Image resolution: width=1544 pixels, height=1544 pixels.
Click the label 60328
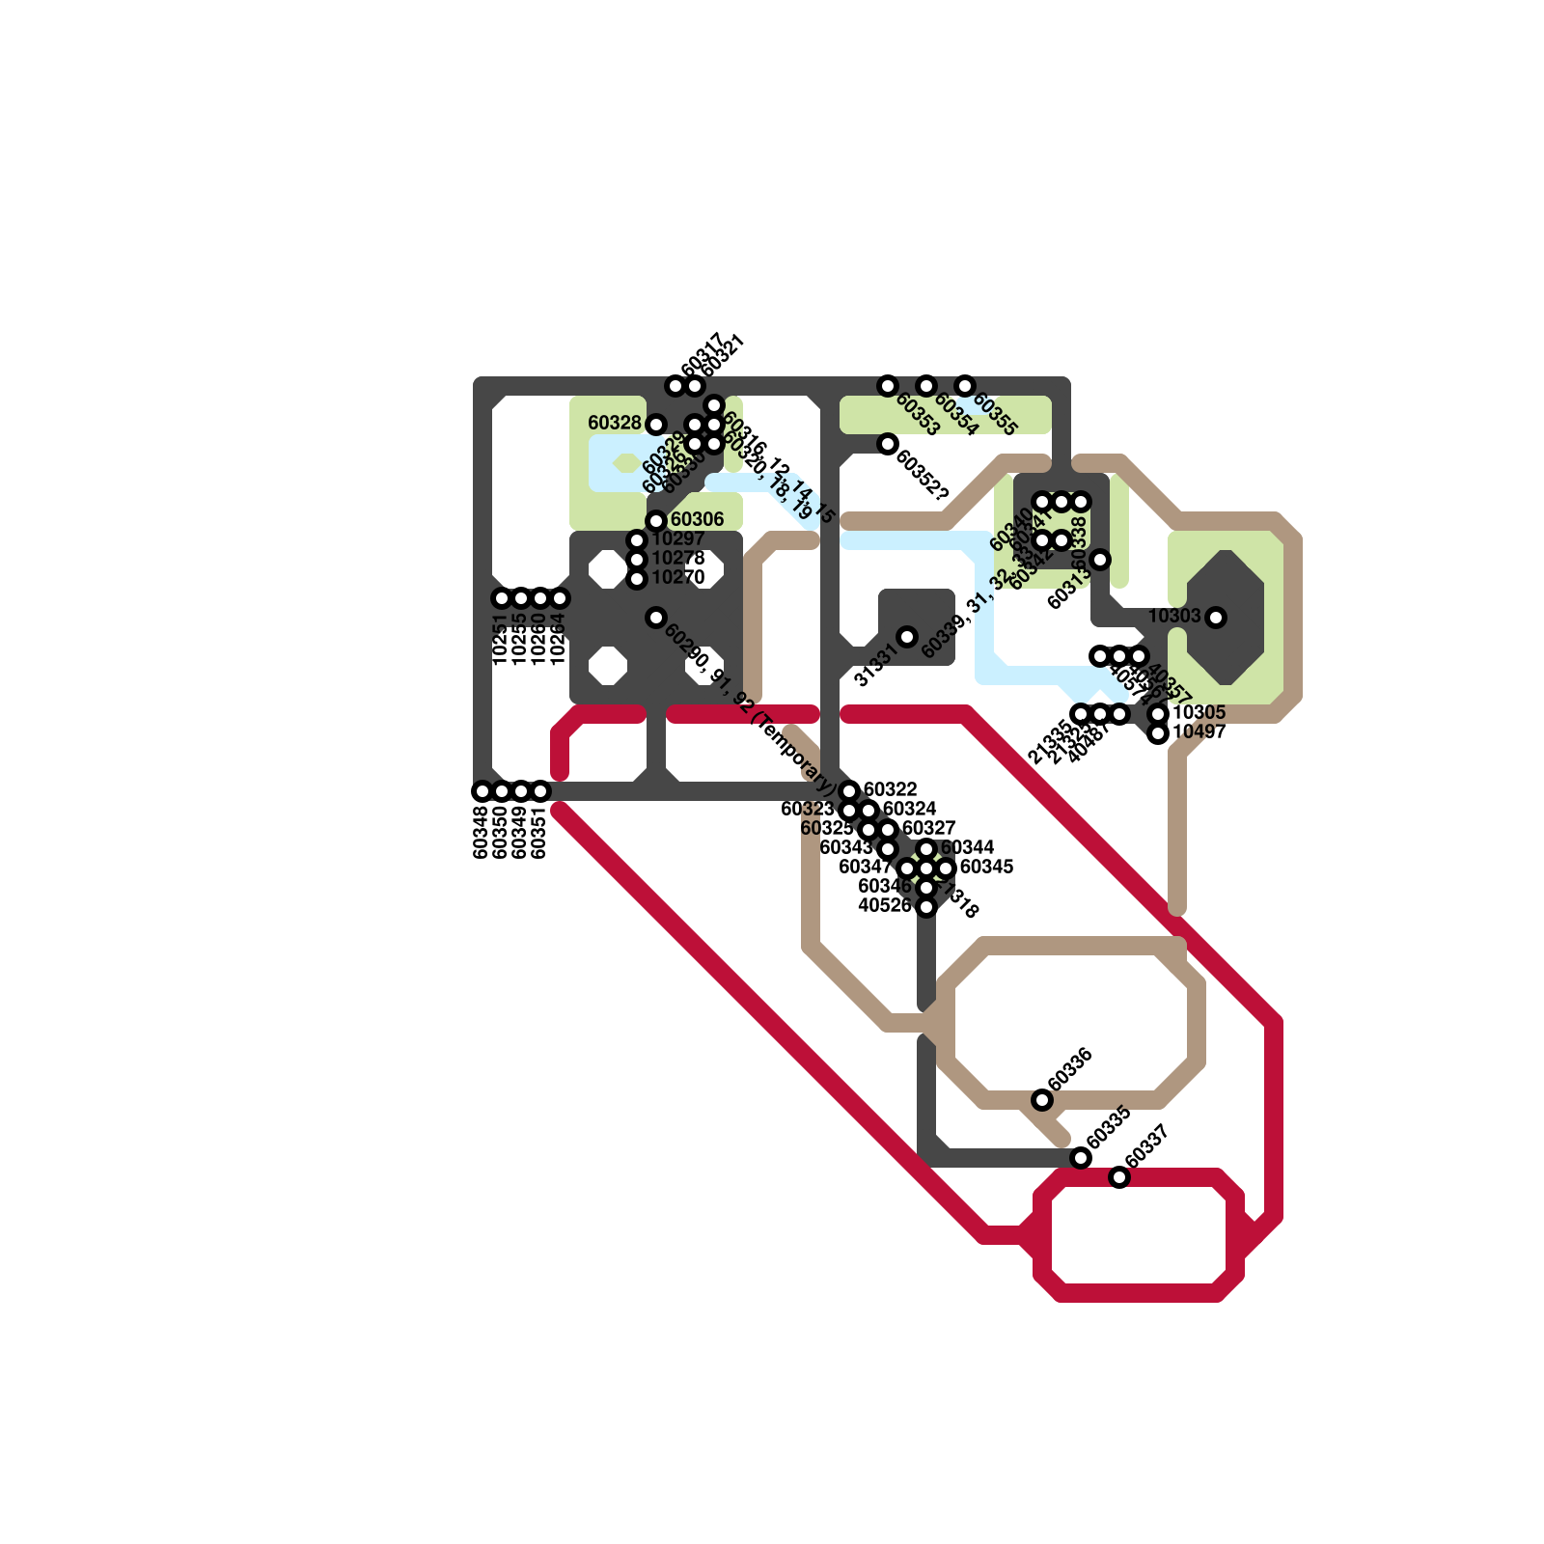click(614, 423)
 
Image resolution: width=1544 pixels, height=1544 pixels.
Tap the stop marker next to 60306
click(656, 521)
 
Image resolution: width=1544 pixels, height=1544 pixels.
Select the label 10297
click(678, 538)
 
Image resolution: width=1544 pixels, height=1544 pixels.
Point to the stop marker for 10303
click(1216, 618)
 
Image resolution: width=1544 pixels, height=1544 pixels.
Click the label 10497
click(1199, 731)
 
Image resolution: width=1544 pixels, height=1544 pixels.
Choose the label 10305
click(1199, 712)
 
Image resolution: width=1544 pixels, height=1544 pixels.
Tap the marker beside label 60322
click(849, 791)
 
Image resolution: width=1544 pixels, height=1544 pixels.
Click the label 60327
click(929, 828)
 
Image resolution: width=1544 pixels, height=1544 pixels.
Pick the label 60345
click(987, 867)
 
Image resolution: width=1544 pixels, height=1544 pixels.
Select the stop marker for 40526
click(926, 907)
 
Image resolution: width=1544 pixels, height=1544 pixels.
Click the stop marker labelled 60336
click(1042, 1100)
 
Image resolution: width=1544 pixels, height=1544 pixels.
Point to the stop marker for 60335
click(1081, 1158)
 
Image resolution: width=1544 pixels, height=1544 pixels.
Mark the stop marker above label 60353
click(888, 386)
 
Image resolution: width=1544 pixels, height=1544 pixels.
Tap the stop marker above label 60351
click(540, 791)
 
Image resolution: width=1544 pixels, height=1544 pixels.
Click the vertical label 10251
click(500, 639)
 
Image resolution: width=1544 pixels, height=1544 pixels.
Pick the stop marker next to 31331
click(907, 637)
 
